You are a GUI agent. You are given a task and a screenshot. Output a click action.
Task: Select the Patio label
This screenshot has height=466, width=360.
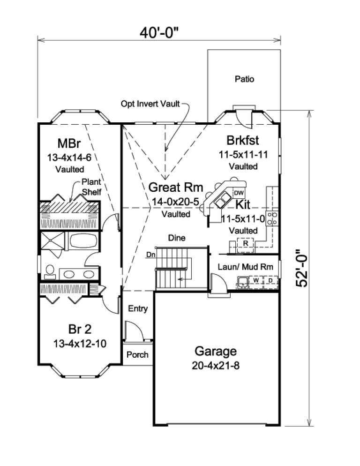click(x=244, y=79)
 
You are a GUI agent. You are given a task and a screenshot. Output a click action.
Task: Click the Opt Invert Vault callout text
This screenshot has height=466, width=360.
click(x=150, y=104)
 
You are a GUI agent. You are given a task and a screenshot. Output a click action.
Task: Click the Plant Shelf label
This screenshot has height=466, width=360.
click(x=91, y=186)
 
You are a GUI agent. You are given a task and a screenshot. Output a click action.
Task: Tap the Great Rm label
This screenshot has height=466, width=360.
click(x=176, y=188)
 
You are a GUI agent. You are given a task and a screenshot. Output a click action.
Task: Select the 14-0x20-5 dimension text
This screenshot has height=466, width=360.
click(x=175, y=202)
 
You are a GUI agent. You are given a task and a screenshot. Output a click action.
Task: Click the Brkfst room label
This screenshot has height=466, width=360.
click(x=243, y=140)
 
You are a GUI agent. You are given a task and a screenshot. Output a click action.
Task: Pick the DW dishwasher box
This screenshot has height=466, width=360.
click(x=239, y=193)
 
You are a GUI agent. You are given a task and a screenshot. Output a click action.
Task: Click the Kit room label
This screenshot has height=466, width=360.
click(x=242, y=204)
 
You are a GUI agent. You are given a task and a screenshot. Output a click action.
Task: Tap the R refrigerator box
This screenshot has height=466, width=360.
click(x=245, y=243)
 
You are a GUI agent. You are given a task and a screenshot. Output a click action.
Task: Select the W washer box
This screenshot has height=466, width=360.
click(x=256, y=280)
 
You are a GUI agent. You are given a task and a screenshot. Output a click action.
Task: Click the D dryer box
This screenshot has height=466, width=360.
click(x=270, y=280)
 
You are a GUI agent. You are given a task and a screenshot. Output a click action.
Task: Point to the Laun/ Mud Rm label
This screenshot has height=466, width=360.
click(x=246, y=266)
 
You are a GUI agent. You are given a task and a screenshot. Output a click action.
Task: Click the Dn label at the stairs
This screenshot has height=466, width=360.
click(x=150, y=255)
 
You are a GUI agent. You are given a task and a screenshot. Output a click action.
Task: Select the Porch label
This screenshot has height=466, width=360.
click(x=137, y=354)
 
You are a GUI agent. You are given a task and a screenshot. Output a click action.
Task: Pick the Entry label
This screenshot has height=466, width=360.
click(x=137, y=308)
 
